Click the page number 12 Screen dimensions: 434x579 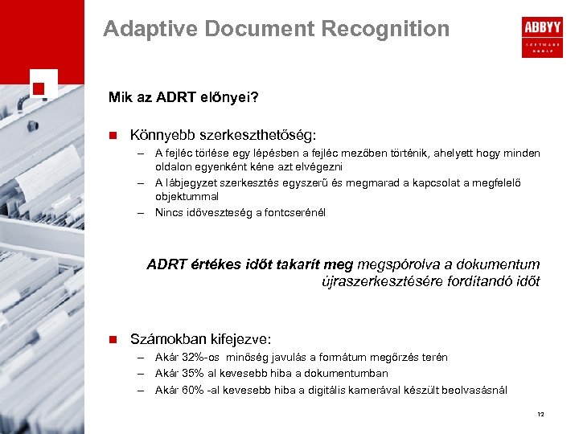pyautogui.click(x=540, y=414)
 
